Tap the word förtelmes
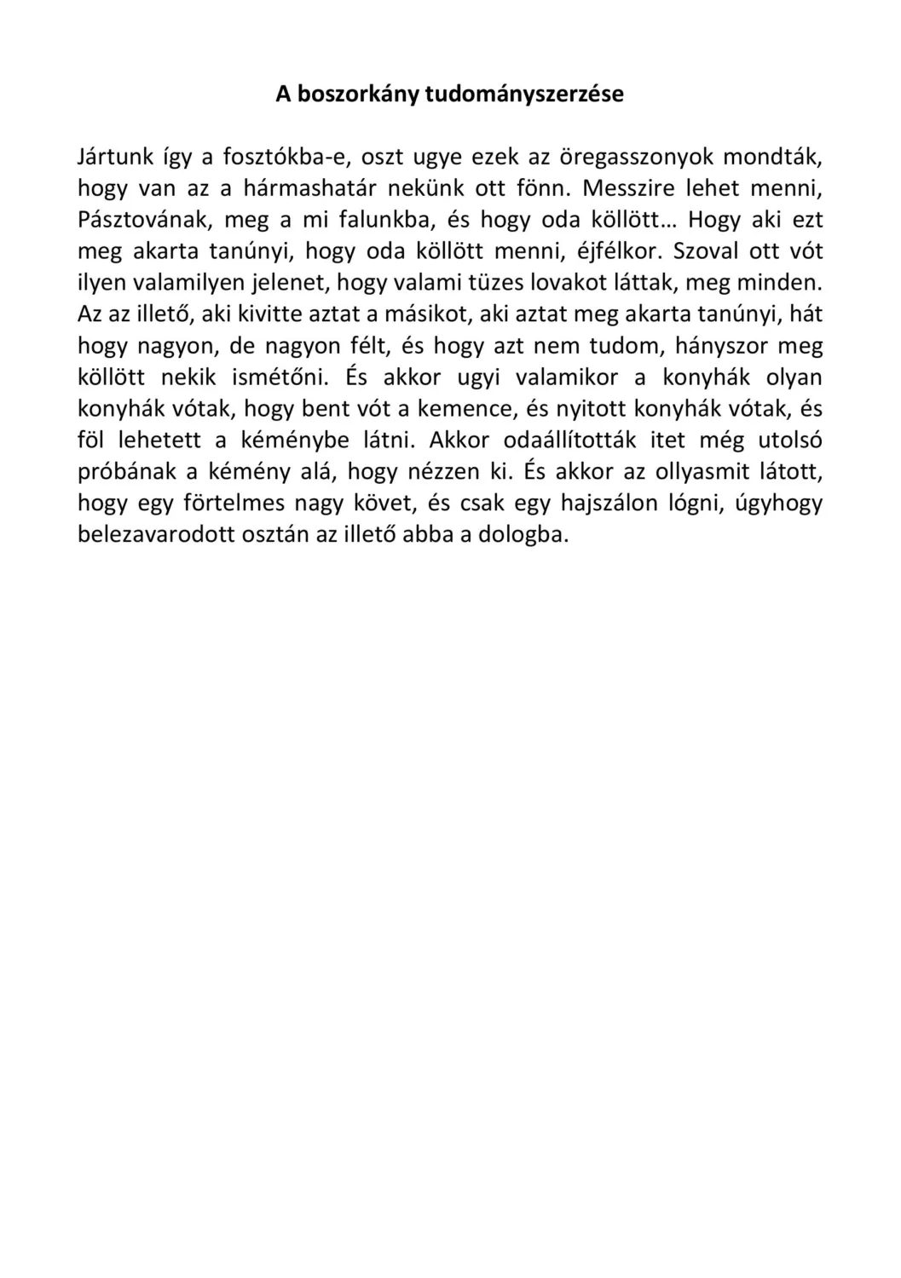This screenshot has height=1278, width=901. pos(234,504)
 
